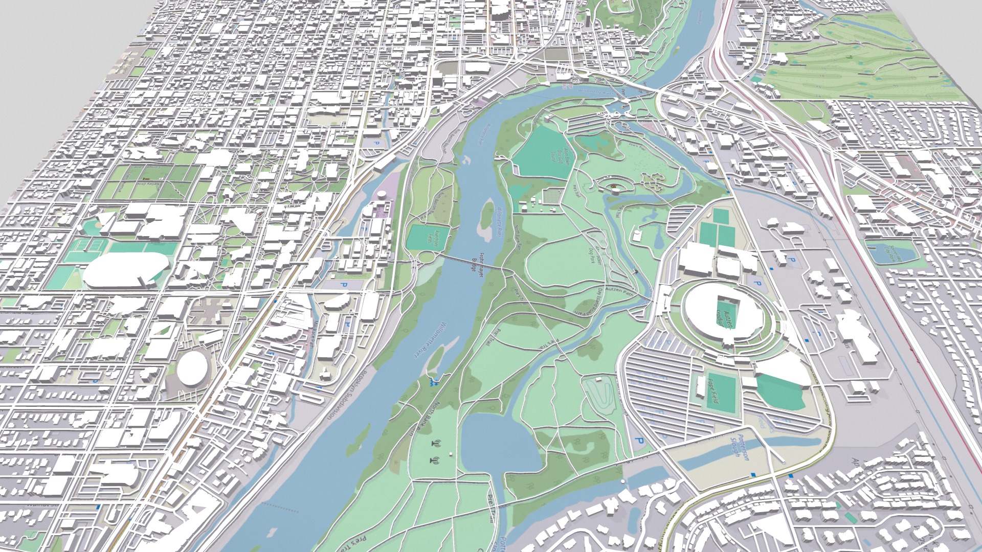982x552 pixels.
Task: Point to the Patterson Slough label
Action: coord(739,446)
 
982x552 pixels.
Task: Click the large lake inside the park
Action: coord(496,445)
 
